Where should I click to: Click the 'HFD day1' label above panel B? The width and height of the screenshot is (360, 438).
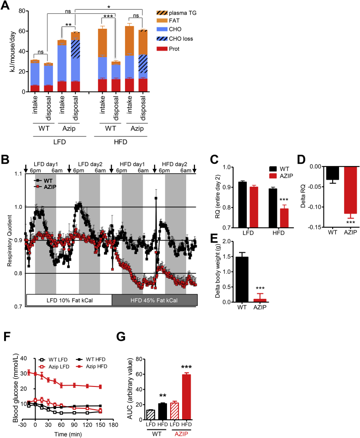coord(132,163)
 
